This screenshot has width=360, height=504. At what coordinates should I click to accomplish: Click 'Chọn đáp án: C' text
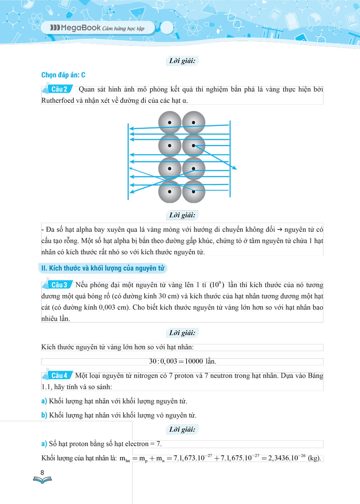point(63,75)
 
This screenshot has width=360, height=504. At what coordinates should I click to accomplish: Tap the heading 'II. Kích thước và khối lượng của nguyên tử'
point(103,268)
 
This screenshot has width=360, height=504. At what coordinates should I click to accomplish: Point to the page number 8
point(42,473)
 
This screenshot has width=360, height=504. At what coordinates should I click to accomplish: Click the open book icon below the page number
point(42,480)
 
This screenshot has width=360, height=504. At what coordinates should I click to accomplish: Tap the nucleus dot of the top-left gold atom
point(169,122)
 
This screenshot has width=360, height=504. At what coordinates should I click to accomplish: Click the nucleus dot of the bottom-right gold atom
point(194,192)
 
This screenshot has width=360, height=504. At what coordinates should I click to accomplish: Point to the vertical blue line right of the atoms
point(230,159)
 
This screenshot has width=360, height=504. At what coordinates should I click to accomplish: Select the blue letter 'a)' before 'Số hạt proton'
point(44,444)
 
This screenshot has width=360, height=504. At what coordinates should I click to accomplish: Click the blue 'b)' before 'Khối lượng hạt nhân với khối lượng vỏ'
point(44,415)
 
